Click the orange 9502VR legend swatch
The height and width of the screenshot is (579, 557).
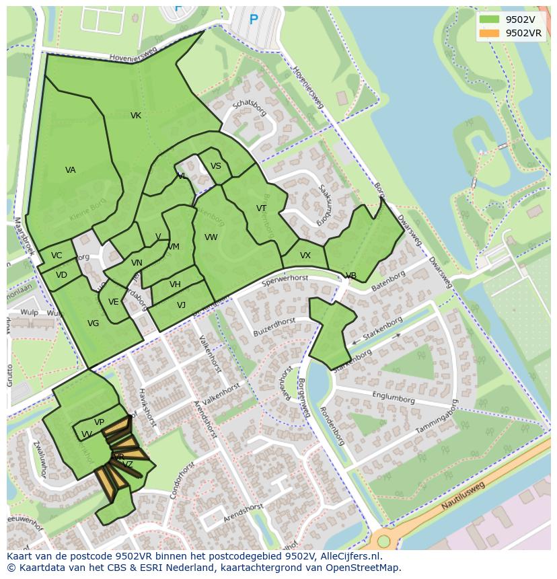coord(489,33)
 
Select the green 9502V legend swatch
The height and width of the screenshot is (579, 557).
coord(489,20)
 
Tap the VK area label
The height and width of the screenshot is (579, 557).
coord(136,116)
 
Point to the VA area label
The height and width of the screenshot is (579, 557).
coord(71,170)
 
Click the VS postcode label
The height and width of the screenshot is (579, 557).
coord(216,166)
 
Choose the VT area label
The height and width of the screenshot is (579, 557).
coord(262,208)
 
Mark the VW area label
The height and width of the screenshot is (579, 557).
coord(211,237)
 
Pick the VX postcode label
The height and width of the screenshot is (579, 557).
coord(305,256)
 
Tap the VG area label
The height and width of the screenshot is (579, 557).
coord(94,323)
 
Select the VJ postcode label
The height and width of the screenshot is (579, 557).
coord(182,305)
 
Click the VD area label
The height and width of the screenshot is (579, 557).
coord(61,275)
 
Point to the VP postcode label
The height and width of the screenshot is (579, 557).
coord(99,422)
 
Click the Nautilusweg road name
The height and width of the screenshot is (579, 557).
coord(463,496)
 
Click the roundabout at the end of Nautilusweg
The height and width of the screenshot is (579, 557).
coord(383,541)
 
